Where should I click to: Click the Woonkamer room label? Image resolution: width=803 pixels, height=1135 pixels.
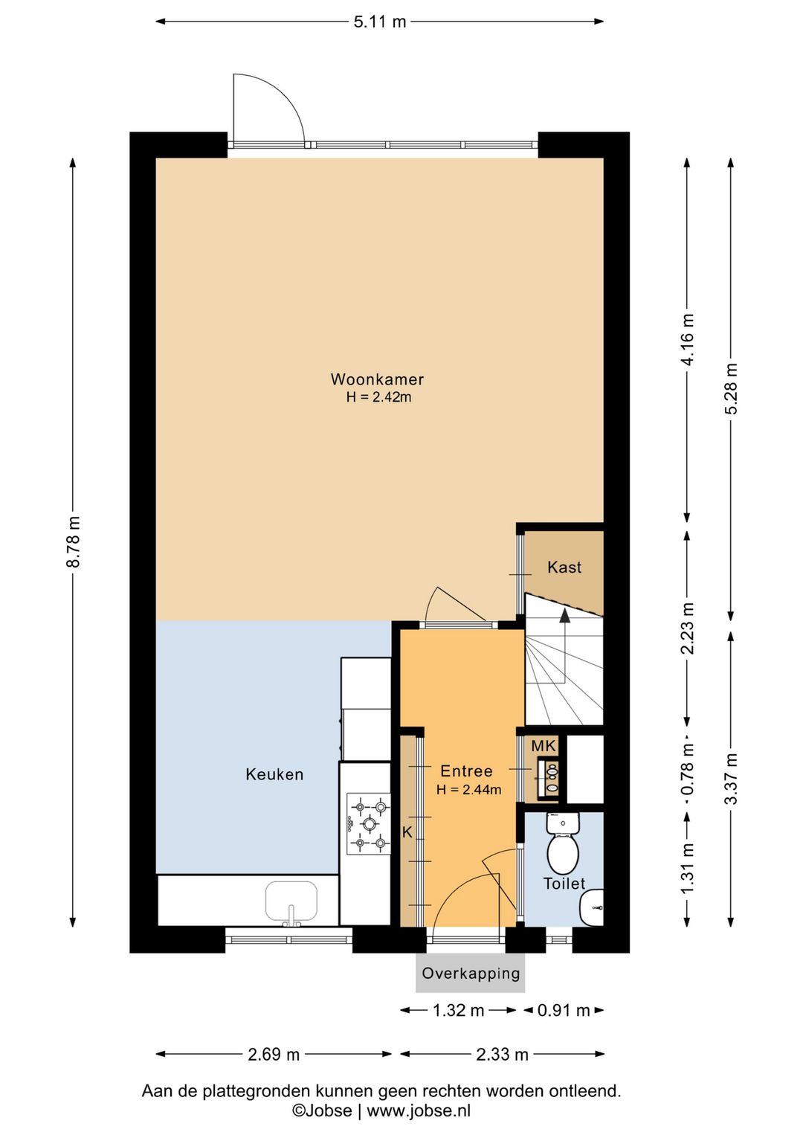[x=377, y=379]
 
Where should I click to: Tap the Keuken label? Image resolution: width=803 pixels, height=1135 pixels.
[x=274, y=774]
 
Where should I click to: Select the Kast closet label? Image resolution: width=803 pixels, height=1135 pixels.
[x=564, y=567]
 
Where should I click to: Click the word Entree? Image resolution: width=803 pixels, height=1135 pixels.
[x=466, y=771]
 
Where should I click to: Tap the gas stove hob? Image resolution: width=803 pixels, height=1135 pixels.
[x=368, y=824]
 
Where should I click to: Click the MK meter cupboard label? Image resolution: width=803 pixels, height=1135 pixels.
[x=544, y=745]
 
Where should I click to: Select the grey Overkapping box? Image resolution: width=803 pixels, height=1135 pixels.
[x=470, y=973]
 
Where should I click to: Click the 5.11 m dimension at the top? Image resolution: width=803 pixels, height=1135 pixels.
[x=380, y=22]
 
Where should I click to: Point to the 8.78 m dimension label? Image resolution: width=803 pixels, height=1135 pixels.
[x=74, y=541]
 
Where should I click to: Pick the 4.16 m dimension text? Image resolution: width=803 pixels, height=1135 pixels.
[x=688, y=340]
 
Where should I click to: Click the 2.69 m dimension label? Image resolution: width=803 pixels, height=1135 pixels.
[x=274, y=1055]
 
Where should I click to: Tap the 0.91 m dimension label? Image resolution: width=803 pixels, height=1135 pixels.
[x=564, y=1010]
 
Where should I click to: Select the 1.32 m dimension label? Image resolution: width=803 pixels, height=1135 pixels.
[x=459, y=1010]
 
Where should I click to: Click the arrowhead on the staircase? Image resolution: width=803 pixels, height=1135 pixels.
[x=564, y=615]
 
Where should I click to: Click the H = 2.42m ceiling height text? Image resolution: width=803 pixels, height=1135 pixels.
[x=378, y=397]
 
